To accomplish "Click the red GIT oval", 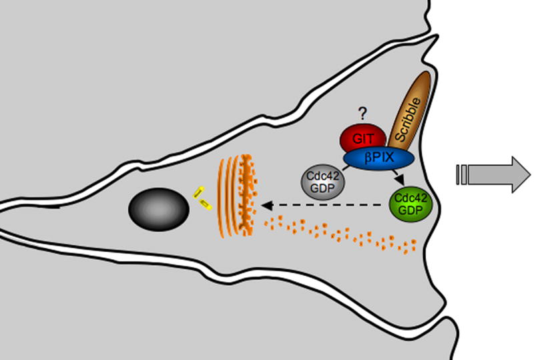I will click(361, 138).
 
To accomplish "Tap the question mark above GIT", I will click(364, 113).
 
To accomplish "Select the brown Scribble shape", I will click(408, 113).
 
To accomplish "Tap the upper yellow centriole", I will click(198, 194).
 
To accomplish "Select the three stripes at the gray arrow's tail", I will click(461, 175).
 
